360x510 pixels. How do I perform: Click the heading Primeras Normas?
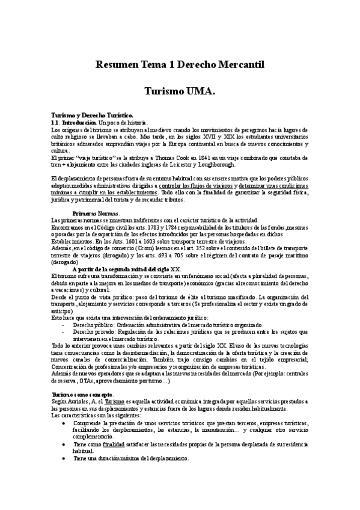[96, 214]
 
